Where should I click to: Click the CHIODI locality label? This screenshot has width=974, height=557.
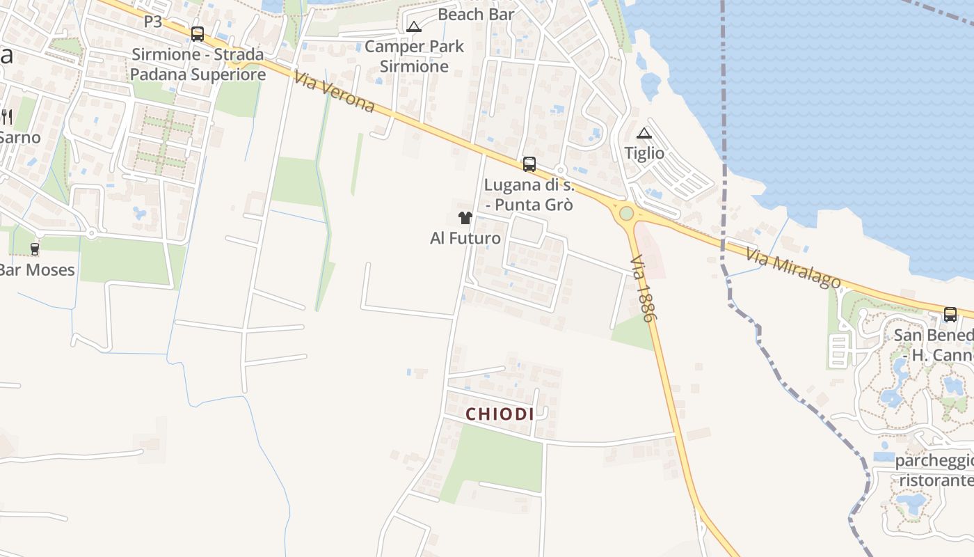point(500,414)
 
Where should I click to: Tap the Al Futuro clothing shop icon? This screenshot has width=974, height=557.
point(465,218)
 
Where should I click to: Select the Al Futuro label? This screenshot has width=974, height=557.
point(465,238)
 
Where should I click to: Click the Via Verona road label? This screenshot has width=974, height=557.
point(334,91)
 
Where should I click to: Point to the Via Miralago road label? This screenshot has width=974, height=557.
point(793,268)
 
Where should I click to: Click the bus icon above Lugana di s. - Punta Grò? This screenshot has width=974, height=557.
point(529,164)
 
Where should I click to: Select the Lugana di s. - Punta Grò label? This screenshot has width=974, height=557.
point(529,195)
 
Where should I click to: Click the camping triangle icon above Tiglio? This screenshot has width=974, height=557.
point(644,133)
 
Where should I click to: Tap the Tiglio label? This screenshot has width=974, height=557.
point(644,153)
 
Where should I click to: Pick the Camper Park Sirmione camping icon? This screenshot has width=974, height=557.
point(414,27)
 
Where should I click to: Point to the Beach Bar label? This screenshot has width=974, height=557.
point(477,14)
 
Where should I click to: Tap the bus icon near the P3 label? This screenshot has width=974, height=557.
point(198,33)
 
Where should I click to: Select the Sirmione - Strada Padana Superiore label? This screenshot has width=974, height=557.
point(198,64)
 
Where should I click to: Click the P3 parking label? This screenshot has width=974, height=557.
point(153,22)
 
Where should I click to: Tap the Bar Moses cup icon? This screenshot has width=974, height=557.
point(35,249)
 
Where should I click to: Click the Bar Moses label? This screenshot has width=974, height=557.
point(37,269)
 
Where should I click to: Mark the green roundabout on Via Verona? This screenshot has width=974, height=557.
point(626,213)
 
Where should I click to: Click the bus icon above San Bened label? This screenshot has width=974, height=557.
point(950,314)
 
